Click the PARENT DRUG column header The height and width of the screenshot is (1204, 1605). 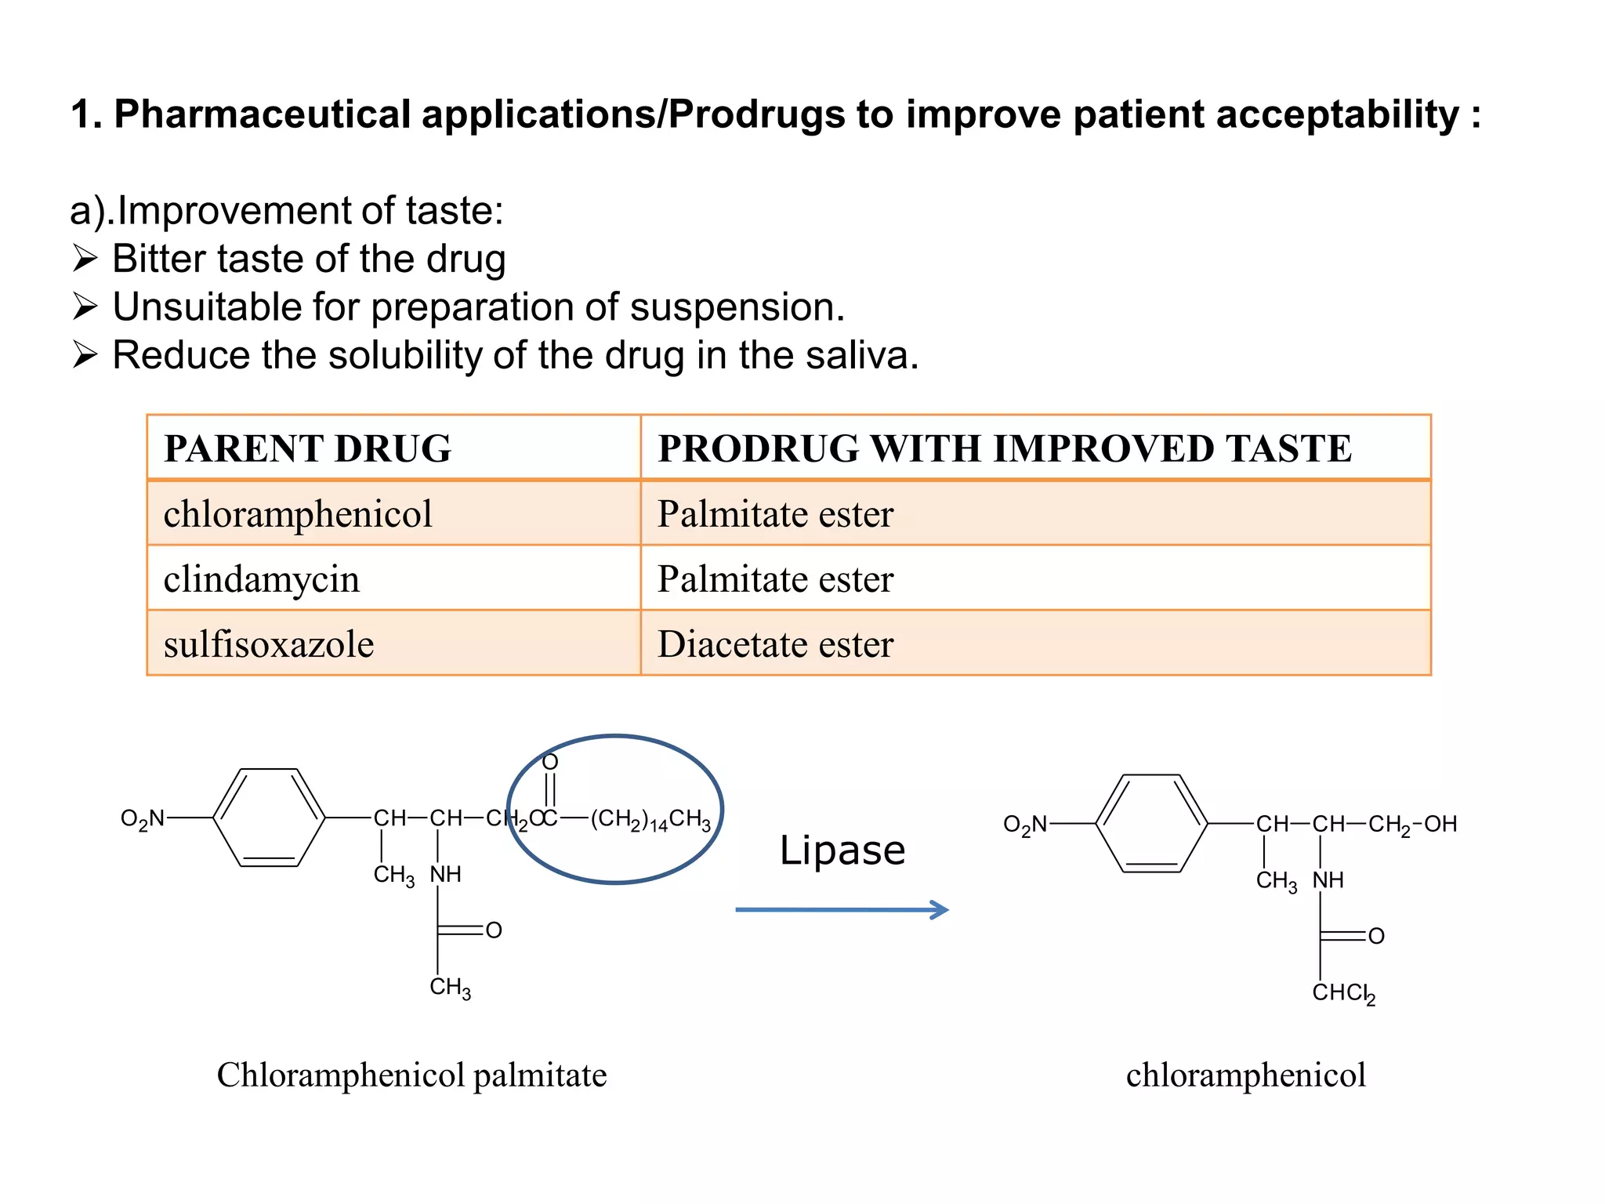[307, 448]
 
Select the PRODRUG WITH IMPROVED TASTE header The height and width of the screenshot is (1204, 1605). [1005, 448]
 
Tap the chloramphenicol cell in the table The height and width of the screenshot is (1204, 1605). [298, 514]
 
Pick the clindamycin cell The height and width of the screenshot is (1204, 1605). [262, 579]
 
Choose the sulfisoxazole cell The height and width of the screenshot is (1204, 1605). [269, 644]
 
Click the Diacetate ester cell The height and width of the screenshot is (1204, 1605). [775, 644]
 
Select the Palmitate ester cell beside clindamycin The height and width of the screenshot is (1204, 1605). [775, 579]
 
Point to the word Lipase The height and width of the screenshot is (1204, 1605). [842, 850]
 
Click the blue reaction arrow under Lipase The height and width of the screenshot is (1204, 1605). [842, 909]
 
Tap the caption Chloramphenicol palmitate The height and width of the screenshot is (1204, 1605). [411, 1075]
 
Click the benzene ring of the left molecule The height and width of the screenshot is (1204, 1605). [269, 818]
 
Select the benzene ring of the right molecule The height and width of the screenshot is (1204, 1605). [1151, 823]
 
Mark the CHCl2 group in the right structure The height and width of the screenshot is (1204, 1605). [1343, 993]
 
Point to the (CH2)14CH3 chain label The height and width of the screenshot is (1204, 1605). [650, 819]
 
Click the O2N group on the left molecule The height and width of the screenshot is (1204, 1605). [143, 819]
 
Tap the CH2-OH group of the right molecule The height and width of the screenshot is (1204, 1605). [1412, 825]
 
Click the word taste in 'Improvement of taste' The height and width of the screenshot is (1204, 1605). [454, 211]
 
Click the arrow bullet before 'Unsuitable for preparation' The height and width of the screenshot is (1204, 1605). [85, 306]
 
